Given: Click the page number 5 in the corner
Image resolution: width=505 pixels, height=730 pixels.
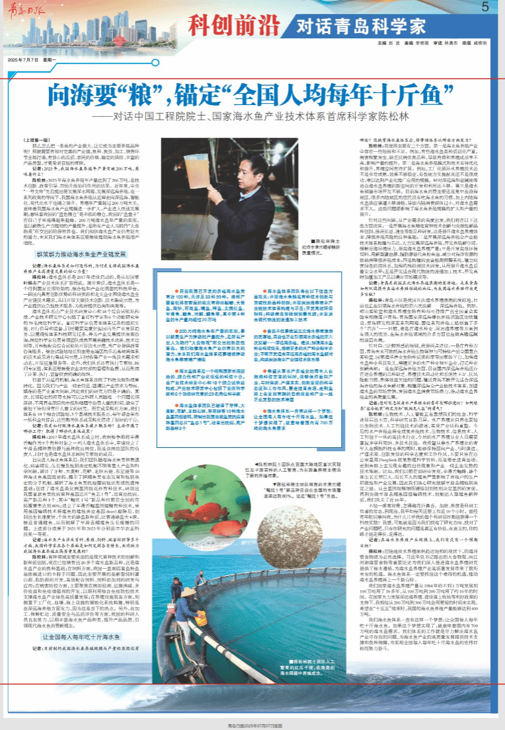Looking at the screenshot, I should tap(485, 7).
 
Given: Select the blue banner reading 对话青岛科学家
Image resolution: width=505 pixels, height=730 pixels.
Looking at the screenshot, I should tap(354, 27).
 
